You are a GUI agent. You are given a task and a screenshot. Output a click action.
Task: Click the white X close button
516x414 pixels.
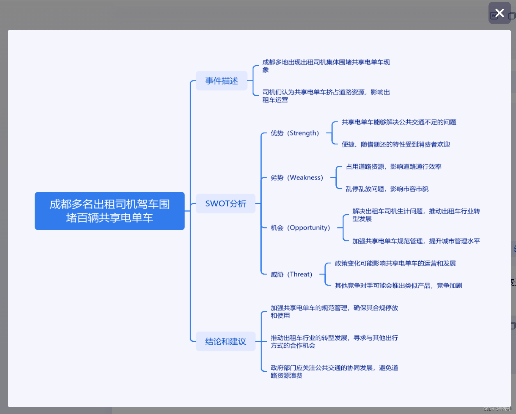pyautogui.click(x=499, y=13)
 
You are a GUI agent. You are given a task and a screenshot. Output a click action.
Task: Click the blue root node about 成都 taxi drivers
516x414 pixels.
pyautogui.click(x=109, y=211)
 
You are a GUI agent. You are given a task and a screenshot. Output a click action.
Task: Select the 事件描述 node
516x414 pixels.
pyautogui.click(x=222, y=81)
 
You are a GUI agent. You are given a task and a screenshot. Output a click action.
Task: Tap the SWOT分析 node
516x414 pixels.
pyautogui.click(x=225, y=203)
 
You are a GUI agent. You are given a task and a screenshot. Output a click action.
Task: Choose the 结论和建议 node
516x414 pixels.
pyautogui.click(x=225, y=341)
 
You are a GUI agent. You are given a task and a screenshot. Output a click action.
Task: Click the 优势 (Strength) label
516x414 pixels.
pyautogui.click(x=294, y=133)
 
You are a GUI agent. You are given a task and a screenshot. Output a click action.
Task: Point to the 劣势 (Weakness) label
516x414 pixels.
pyautogui.click(x=296, y=178)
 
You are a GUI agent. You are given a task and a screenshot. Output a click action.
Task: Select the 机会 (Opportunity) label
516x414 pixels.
pyautogui.click(x=300, y=227)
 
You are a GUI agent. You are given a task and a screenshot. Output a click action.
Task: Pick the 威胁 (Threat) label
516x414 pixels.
pyautogui.click(x=291, y=274)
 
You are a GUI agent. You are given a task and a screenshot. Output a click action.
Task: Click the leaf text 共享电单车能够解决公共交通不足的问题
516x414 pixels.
pyautogui.click(x=399, y=122)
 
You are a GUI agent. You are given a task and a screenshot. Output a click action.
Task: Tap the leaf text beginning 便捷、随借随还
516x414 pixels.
pyautogui.click(x=396, y=144)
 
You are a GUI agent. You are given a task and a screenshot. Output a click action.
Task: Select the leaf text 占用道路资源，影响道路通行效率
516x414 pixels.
pyautogui.click(x=393, y=167)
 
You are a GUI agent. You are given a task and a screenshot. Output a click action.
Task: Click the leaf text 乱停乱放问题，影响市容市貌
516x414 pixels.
pyautogui.click(x=387, y=189)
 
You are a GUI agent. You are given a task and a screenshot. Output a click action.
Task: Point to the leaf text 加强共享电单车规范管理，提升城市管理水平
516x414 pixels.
pyautogui.click(x=416, y=241)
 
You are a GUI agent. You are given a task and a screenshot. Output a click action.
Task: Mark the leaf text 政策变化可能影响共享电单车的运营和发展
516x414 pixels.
pyautogui.click(x=395, y=263)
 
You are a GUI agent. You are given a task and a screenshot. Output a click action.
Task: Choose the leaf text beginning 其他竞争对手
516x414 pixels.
pyautogui.click(x=398, y=286)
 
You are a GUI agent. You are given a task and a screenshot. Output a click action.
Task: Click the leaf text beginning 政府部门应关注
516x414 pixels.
pyautogui.click(x=334, y=371)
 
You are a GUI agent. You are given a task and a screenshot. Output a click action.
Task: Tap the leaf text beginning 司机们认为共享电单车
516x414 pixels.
pyautogui.click(x=326, y=96)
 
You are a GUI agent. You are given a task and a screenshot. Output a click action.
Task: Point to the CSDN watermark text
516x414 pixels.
pyautogui.click(x=497, y=409)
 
